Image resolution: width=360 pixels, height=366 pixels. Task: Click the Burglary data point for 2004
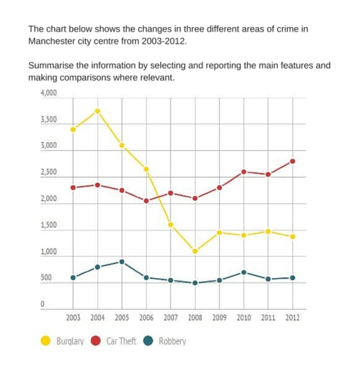(97, 111)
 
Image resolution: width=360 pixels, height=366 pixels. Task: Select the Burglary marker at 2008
(195, 251)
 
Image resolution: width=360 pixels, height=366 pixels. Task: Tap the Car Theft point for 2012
(292, 161)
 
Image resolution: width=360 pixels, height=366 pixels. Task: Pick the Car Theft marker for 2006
(146, 201)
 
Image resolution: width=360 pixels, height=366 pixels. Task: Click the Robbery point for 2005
(122, 262)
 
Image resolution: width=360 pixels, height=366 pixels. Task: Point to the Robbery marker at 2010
(243, 272)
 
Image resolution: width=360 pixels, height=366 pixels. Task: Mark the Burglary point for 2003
(73, 129)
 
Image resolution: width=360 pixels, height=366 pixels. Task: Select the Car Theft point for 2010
(243, 172)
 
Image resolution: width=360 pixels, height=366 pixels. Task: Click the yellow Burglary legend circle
(46, 341)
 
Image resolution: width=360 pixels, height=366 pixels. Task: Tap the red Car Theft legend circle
(97, 341)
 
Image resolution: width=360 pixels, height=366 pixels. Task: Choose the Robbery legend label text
(172, 341)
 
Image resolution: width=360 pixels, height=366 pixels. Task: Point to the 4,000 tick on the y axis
(48, 94)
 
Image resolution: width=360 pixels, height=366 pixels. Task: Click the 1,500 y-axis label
(48, 226)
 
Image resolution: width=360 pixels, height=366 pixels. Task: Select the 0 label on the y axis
(43, 305)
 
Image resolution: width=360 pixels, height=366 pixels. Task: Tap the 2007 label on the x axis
(170, 317)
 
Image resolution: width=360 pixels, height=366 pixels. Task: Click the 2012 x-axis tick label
(292, 317)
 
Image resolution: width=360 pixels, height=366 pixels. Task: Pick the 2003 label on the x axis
(73, 317)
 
